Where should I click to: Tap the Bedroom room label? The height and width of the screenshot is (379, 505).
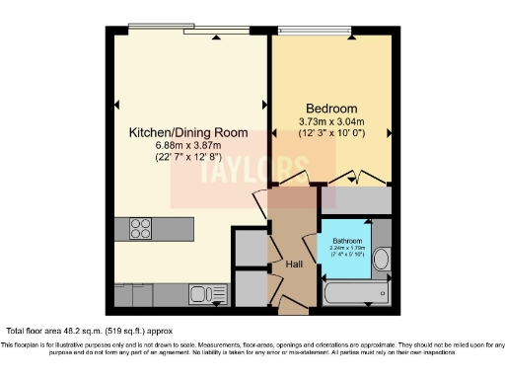[x=331, y=108]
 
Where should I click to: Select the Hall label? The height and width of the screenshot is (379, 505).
[x=294, y=265]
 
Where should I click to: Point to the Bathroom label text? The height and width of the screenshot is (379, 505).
[x=346, y=242]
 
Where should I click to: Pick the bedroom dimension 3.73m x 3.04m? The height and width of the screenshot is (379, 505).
[x=331, y=121]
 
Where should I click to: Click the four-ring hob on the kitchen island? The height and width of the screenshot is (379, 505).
[x=134, y=229]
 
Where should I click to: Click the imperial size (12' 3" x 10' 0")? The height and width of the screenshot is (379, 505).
[x=331, y=134]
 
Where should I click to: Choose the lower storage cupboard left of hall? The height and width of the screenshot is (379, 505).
[x=252, y=287]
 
